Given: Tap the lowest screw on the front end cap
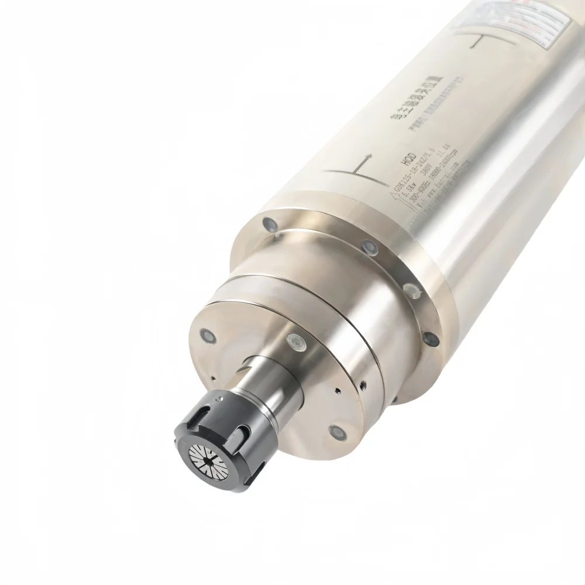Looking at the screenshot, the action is tap(338, 433).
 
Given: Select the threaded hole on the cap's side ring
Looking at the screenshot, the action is tap(363, 384).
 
